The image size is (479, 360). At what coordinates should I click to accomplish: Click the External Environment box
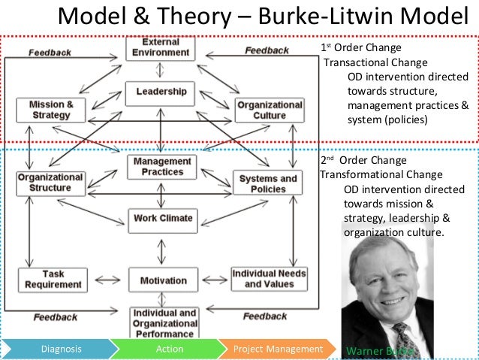click(161, 48)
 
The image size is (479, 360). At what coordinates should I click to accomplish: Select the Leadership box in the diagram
click(161, 92)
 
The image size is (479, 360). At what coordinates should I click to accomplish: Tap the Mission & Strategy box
click(51, 110)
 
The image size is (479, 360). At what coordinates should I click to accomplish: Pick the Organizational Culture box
click(270, 110)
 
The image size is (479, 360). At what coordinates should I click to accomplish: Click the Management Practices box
click(161, 167)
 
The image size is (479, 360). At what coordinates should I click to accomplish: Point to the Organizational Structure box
click(50, 183)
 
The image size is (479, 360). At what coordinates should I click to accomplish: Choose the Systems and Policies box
click(268, 183)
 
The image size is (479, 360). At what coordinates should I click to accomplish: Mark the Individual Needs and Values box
click(268, 279)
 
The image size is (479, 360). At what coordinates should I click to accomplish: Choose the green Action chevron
click(170, 349)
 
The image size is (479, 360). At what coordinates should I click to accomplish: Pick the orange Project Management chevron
click(278, 349)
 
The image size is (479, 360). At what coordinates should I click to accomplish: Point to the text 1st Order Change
click(357, 49)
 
